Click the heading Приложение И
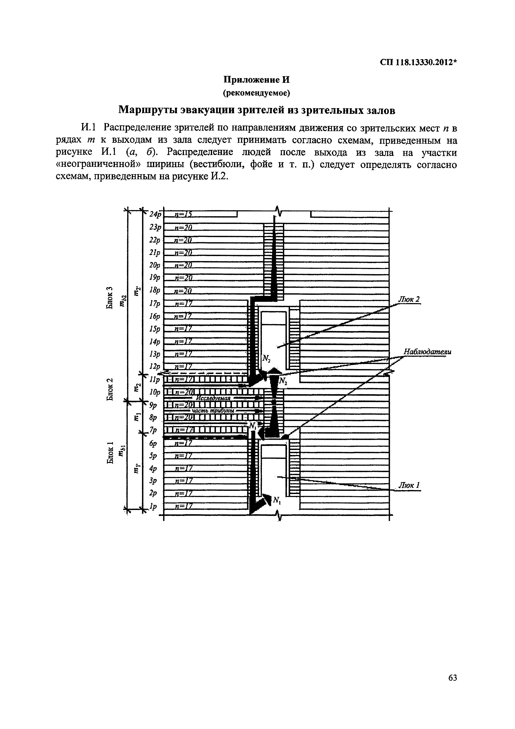tap(257, 79)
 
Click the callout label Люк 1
tap(409, 486)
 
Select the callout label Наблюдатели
tap(427, 352)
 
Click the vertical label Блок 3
tap(110, 298)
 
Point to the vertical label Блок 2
tap(110, 389)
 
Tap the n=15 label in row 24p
tap(183, 215)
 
